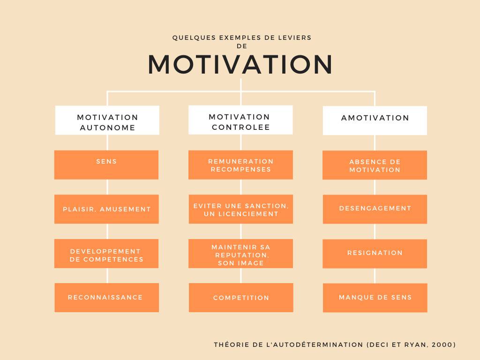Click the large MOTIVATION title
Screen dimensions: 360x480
pyautogui.click(x=240, y=65)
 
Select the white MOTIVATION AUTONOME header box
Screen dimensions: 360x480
pyautogui.click(x=107, y=120)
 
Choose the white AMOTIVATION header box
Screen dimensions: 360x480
pyautogui.click(x=375, y=120)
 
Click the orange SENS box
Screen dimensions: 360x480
pyautogui.click(x=106, y=165)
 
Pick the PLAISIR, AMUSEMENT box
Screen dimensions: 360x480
pyautogui.click(x=106, y=209)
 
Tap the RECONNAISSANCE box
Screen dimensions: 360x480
pyautogui.click(x=106, y=298)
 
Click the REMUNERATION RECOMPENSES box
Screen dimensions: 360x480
pyautogui.click(x=240, y=165)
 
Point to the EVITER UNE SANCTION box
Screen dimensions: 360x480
pyautogui.click(x=241, y=209)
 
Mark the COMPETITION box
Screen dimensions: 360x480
pyautogui.click(x=241, y=298)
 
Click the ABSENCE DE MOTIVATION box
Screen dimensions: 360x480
pyautogui.click(x=375, y=165)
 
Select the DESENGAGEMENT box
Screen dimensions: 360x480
pyautogui.click(x=375, y=209)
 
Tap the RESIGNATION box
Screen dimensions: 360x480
pyautogui.click(x=375, y=254)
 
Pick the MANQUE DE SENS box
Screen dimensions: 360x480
pyautogui.click(x=375, y=298)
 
